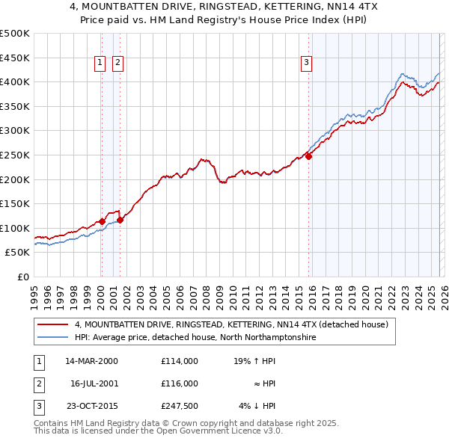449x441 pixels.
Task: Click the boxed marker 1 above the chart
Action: [x=100, y=64]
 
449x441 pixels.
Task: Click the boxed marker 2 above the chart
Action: [x=118, y=64]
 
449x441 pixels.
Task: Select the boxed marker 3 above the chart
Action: [x=306, y=64]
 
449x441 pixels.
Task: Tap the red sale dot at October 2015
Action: [x=308, y=156]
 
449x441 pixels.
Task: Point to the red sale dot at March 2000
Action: [x=102, y=221]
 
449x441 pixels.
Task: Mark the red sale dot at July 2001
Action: [x=120, y=220]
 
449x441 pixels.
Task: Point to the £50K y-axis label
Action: [x=17, y=253]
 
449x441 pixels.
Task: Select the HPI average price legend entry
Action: [x=195, y=338]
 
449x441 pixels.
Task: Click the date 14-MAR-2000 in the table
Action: [x=91, y=360]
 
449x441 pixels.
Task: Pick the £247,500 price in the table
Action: [x=179, y=407]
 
